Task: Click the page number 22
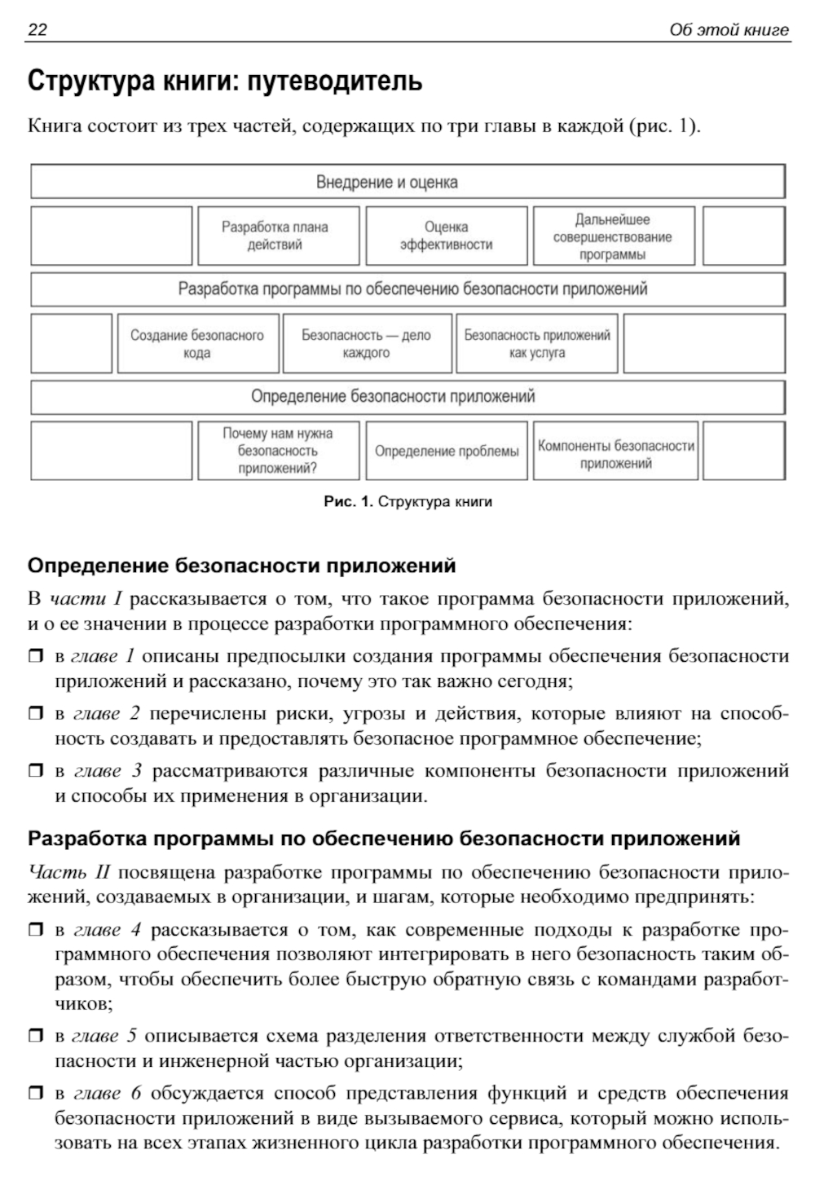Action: pyautogui.click(x=37, y=30)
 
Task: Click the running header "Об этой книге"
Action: pyautogui.click(x=729, y=30)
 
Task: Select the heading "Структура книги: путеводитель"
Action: pyautogui.click(x=225, y=82)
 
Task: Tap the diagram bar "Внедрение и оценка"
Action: pyautogui.click(x=407, y=182)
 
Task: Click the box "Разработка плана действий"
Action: pyautogui.click(x=278, y=236)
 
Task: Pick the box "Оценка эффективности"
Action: pyautogui.click(x=446, y=236)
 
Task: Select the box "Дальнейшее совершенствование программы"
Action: pyautogui.click(x=613, y=236)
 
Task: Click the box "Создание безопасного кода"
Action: pyautogui.click(x=197, y=344)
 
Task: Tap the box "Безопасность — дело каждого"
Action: pyautogui.click(x=366, y=344)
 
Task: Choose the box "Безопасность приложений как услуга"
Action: pyautogui.click(x=537, y=344)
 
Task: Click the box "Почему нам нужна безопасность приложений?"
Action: pyautogui.click(x=278, y=451)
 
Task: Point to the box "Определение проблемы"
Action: pyautogui.click(x=446, y=451)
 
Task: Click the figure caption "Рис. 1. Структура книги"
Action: pyautogui.click(x=407, y=502)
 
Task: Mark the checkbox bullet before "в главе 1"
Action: pyautogui.click(x=35, y=656)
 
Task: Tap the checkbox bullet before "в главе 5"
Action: pyautogui.click(x=35, y=1036)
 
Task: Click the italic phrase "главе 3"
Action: pyautogui.click(x=108, y=771)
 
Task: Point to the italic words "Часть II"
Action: pyautogui.click(x=68, y=873)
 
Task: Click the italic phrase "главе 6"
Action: pyautogui.click(x=108, y=1093)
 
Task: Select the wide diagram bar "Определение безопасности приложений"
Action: pyautogui.click(x=407, y=397)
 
